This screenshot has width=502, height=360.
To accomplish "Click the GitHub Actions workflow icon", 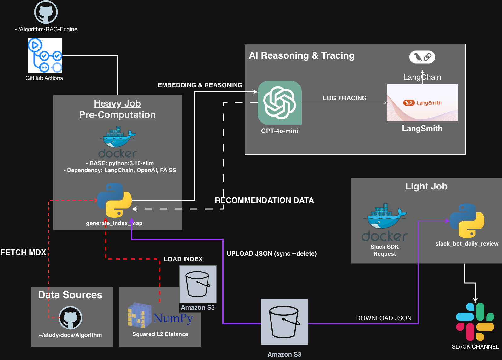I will click(x=45, y=55).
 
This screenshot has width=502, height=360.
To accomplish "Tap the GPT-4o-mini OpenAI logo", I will click(x=280, y=103).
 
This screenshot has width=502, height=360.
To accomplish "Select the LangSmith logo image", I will click(x=422, y=103).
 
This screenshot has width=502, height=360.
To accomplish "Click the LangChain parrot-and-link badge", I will click(x=422, y=57).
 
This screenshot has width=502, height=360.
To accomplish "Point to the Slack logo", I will click(x=475, y=322).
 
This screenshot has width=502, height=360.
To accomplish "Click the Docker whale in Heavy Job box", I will click(x=117, y=142).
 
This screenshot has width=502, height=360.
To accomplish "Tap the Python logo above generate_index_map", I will click(x=114, y=200).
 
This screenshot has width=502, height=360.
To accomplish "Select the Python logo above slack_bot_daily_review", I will click(x=467, y=221).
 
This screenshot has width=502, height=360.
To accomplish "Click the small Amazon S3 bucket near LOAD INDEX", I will click(x=198, y=284).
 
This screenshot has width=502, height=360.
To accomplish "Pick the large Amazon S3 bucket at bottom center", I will click(x=284, y=322).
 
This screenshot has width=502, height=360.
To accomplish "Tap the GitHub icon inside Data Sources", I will click(x=71, y=318).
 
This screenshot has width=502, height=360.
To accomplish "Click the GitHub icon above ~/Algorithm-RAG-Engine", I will click(x=46, y=12).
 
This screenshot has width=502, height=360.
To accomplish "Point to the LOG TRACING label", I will click(x=345, y=98).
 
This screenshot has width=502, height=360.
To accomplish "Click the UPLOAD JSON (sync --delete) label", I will click(x=271, y=253).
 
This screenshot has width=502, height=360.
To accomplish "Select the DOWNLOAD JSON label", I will click(x=384, y=318).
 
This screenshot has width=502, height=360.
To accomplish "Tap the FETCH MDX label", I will click(x=23, y=252).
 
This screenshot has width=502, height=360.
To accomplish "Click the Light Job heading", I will click(x=426, y=186).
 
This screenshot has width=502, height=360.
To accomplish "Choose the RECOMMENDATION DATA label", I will click(x=264, y=200).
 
